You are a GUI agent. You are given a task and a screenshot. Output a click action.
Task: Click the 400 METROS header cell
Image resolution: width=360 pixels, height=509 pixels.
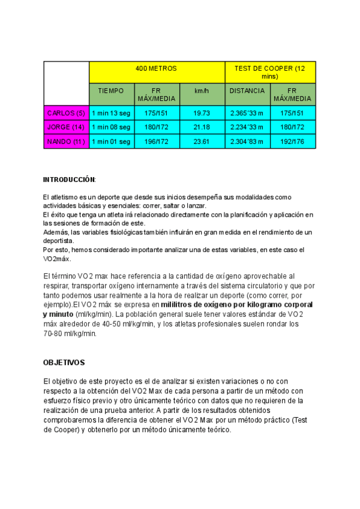click(157, 69)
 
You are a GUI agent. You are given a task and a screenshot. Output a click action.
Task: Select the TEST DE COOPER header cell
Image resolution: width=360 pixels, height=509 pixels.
click(270, 72)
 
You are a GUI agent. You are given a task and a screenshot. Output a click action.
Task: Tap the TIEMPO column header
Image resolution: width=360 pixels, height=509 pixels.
click(111, 91)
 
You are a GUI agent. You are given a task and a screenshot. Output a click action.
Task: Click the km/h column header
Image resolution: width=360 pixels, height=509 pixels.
click(202, 91)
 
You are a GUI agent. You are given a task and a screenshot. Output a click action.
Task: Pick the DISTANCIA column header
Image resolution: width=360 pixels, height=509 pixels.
click(247, 91)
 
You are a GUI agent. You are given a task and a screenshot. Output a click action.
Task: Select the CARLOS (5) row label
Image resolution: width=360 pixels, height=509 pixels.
click(66, 113)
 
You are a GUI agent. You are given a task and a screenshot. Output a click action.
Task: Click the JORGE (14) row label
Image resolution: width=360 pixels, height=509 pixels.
click(66, 127)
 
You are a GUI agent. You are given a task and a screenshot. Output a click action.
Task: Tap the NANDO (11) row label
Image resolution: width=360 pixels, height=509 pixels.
click(66, 142)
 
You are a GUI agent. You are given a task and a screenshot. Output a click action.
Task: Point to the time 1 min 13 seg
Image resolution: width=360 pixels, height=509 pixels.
click(111, 113)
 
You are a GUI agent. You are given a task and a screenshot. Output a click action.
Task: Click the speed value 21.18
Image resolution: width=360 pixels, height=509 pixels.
click(202, 127)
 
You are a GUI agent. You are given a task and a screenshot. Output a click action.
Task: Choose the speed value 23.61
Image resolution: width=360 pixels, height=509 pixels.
click(202, 142)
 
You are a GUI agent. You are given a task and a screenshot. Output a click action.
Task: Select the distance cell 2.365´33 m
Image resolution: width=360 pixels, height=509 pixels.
click(247, 113)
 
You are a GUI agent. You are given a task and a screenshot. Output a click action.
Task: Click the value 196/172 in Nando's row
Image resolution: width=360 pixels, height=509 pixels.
click(157, 142)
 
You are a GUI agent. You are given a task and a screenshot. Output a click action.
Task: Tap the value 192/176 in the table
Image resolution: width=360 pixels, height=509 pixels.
click(293, 142)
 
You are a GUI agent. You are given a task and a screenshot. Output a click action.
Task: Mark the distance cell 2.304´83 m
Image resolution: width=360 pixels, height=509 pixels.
click(247, 142)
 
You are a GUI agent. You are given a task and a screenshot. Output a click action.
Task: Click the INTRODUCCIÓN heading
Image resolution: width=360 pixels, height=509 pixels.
click(70, 179)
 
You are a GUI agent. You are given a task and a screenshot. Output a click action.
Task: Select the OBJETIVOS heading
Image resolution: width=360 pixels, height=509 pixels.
click(64, 363)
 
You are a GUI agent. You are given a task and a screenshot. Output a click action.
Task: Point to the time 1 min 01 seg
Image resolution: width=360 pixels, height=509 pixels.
click(111, 142)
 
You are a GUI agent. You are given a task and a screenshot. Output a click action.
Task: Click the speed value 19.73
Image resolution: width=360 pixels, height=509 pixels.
click(202, 113)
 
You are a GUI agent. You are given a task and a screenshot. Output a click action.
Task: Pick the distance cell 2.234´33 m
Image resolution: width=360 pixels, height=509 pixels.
click(247, 127)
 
